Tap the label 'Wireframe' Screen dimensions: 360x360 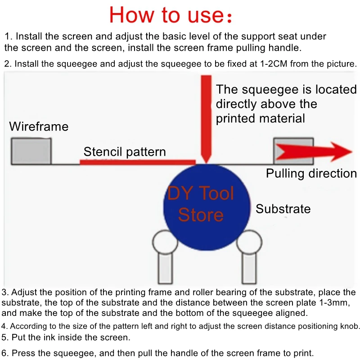[39, 126]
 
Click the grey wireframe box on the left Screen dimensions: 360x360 [31, 151]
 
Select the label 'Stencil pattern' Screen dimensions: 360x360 [125, 152]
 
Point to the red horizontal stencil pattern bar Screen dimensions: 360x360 [137, 162]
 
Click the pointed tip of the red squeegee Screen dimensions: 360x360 [206, 161]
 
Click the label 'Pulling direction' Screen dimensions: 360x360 [311, 173]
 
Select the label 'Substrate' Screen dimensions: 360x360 [283, 209]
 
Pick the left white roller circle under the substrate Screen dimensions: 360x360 [165, 243]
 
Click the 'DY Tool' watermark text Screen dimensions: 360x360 [201, 193]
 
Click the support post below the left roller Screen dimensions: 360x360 [166, 269]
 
